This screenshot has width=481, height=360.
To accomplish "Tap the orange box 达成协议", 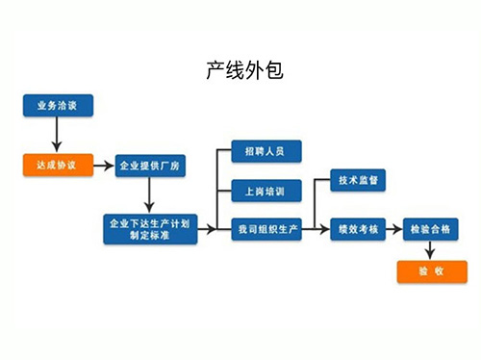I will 57,165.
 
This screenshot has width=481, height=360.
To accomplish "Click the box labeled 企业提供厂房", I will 149,167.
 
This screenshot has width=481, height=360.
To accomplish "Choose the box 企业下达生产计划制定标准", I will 149,229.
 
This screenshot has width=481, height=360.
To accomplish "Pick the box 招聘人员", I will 266,151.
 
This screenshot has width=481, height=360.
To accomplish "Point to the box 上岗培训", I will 266,190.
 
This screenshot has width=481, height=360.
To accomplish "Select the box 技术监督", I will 357,180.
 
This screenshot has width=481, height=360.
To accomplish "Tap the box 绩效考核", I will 357,229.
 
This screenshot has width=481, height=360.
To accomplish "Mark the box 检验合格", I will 430,229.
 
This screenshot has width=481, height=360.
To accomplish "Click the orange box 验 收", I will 430,271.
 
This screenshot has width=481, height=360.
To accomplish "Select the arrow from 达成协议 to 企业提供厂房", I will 102,166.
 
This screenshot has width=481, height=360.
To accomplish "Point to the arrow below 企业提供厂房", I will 149,197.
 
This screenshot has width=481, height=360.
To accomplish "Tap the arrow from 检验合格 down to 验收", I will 430,250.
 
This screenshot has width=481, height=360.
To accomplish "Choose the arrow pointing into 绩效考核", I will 320,229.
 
